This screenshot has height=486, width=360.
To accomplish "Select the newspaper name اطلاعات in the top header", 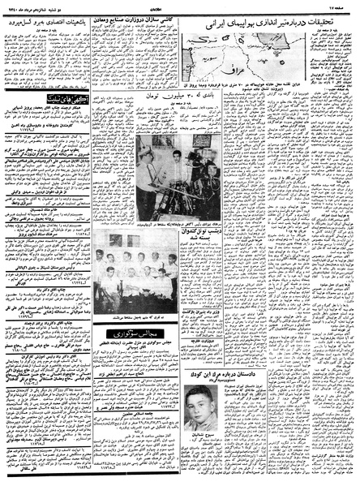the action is [x=180, y=6].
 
